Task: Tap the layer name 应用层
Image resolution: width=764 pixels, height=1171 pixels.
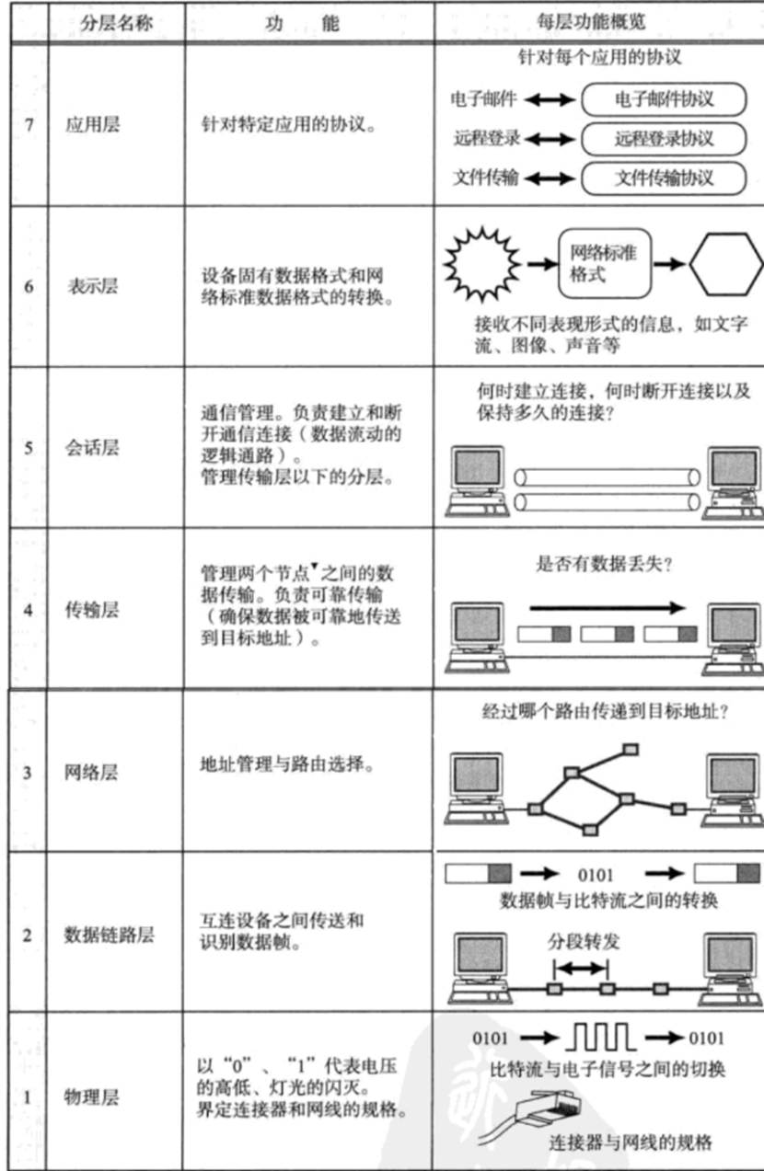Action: point(92,125)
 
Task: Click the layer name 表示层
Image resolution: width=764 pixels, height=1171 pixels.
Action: point(92,286)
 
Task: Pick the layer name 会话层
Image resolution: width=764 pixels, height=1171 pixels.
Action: point(92,448)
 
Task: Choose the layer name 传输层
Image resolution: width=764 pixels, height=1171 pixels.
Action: point(92,609)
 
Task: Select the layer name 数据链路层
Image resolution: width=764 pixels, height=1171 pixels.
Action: point(109,935)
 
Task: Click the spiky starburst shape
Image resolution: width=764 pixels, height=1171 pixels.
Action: point(481,262)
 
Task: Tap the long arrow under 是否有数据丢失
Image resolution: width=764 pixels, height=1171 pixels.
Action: point(608,608)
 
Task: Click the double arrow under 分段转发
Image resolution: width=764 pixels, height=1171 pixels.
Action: point(580,967)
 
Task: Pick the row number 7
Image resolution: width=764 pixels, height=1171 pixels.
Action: point(29,125)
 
